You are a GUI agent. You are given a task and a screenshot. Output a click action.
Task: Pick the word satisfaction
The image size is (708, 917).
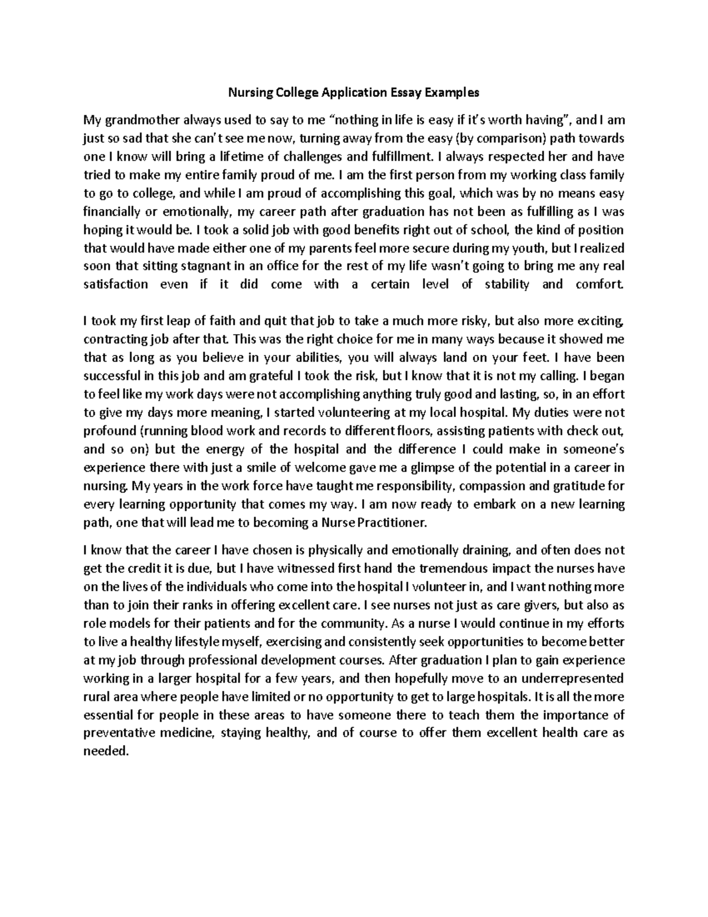tap(116, 284)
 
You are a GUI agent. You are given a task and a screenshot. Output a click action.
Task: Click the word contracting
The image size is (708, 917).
tap(114, 340)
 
